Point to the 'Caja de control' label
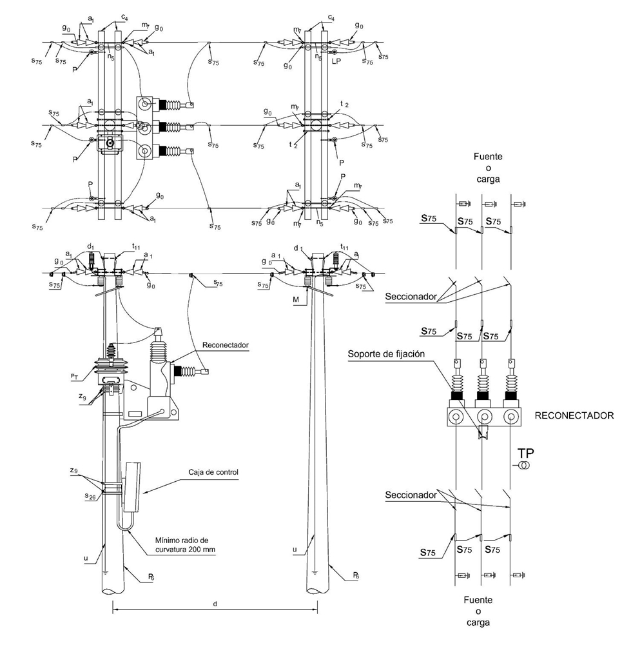(215, 472)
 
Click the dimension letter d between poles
(215, 604)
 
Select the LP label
(336, 62)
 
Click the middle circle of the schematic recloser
(483, 417)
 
